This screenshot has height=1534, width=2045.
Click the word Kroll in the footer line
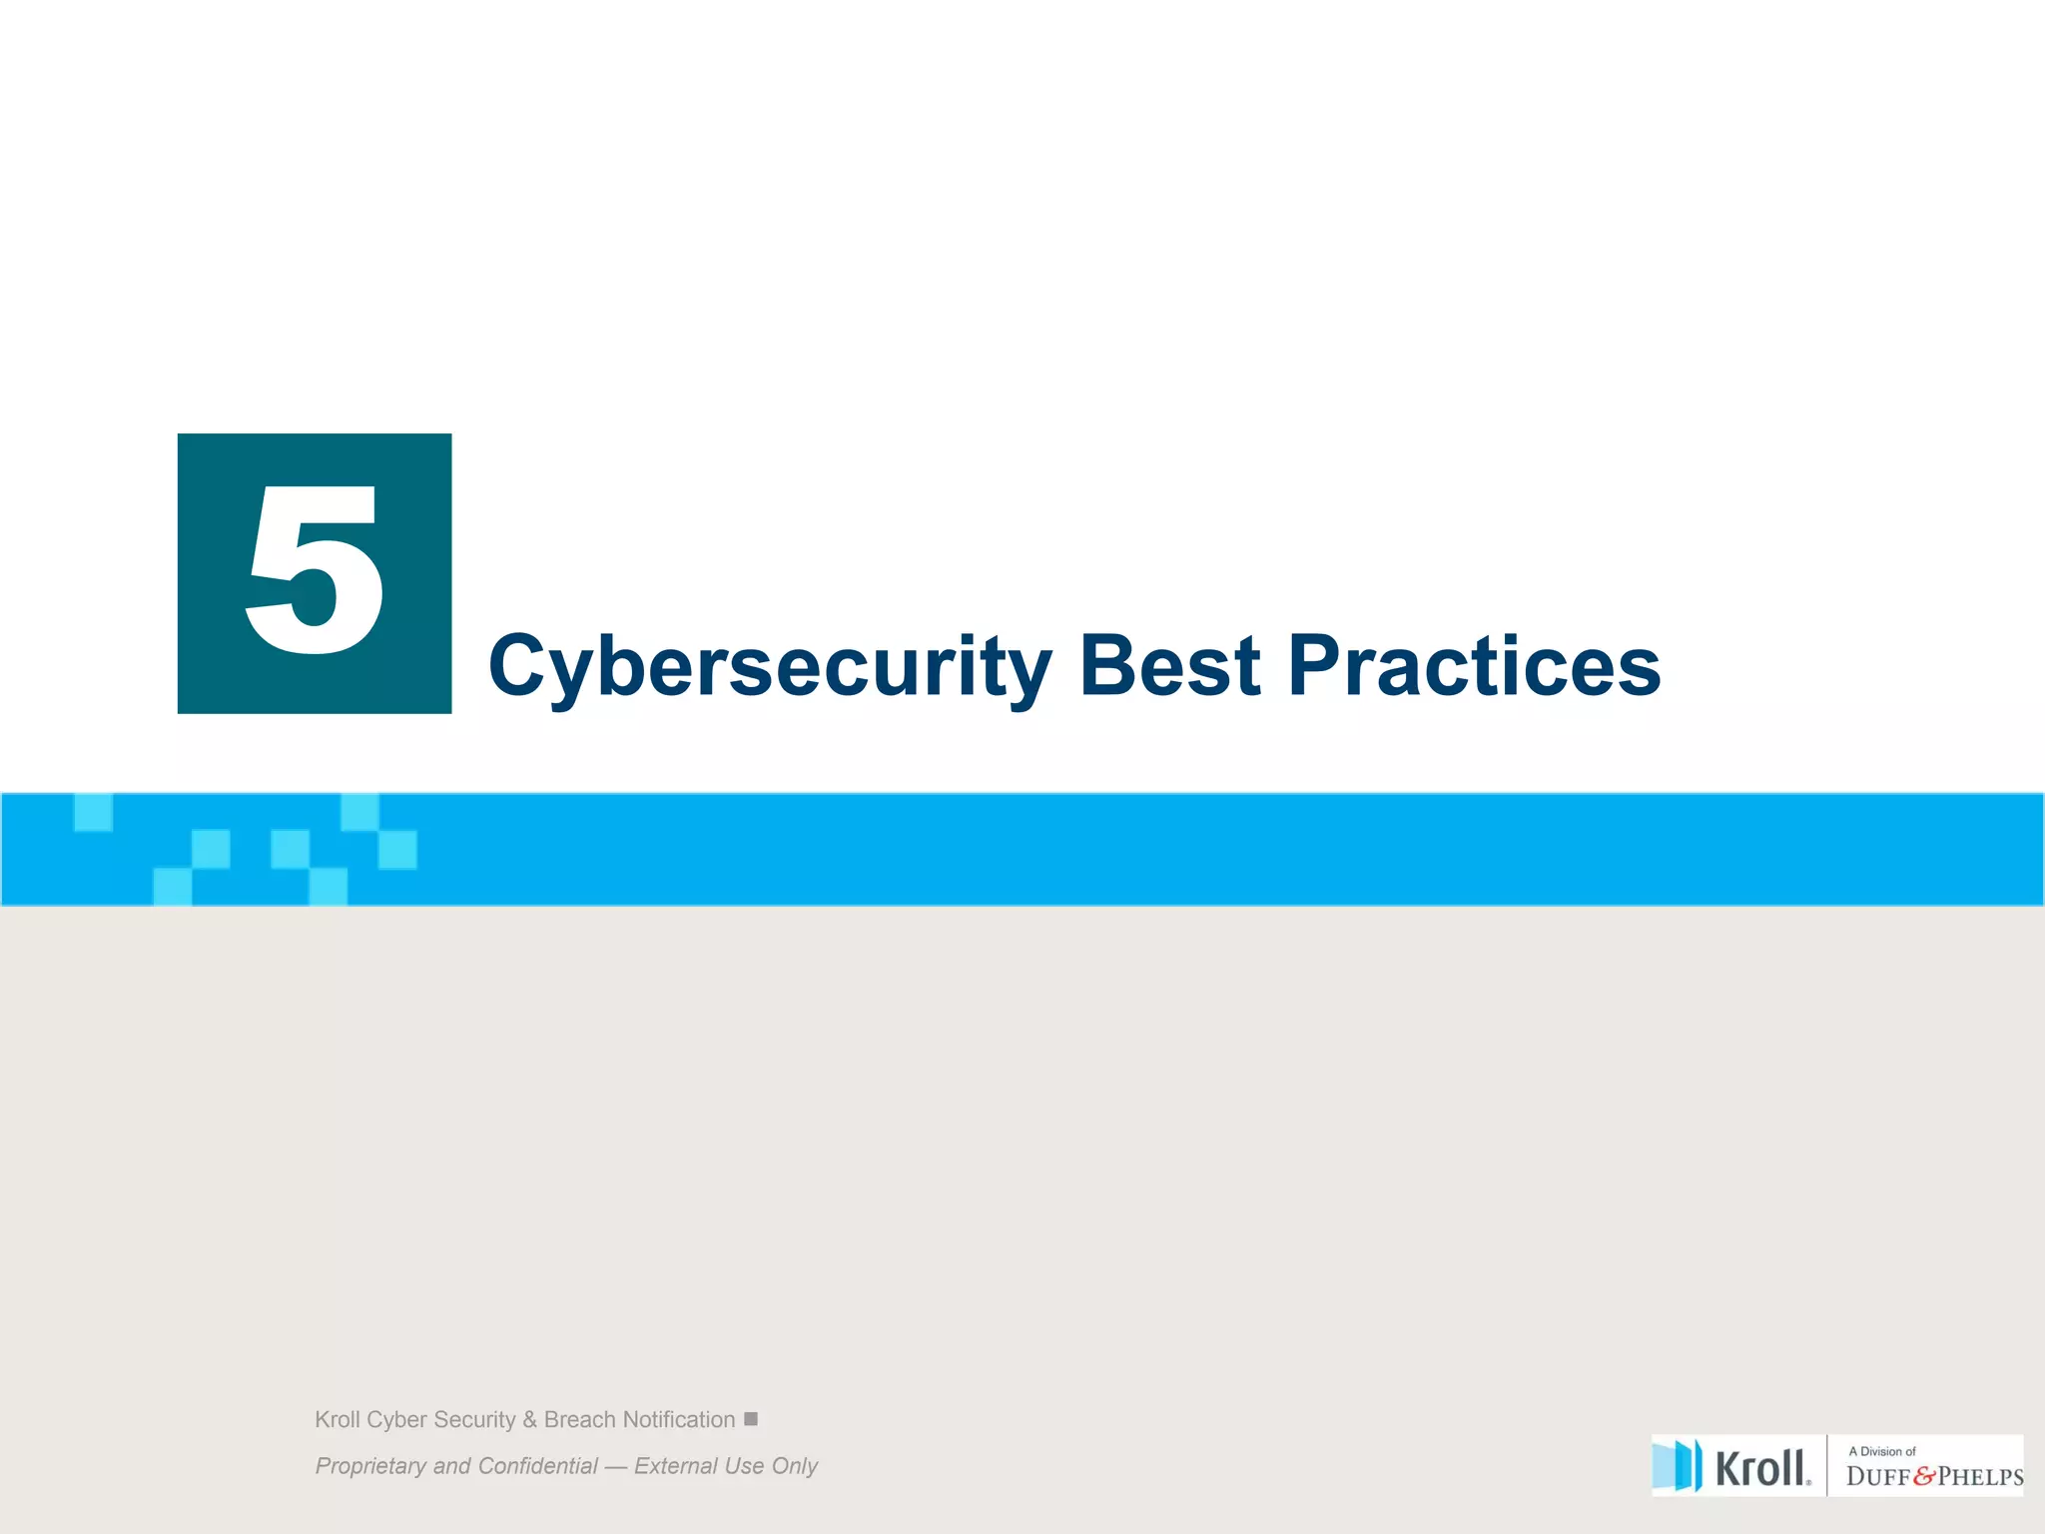tap(338, 1419)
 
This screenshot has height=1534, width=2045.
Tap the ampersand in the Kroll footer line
tap(529, 1419)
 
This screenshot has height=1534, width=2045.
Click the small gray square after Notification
tap(751, 1418)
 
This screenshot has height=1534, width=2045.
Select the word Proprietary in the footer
tap(370, 1466)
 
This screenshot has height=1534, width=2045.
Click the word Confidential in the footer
tap(537, 1465)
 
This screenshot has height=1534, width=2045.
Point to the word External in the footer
tap(675, 1465)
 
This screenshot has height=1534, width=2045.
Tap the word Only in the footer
tap(795, 1465)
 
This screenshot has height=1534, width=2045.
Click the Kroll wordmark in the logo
tap(1761, 1468)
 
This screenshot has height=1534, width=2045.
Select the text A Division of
tap(1882, 1451)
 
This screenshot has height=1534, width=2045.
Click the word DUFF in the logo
tap(1878, 1477)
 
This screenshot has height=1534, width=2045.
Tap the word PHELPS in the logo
tap(1980, 1477)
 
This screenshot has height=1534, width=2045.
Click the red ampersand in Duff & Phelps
tap(1924, 1477)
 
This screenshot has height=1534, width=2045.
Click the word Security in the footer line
tap(474, 1419)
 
